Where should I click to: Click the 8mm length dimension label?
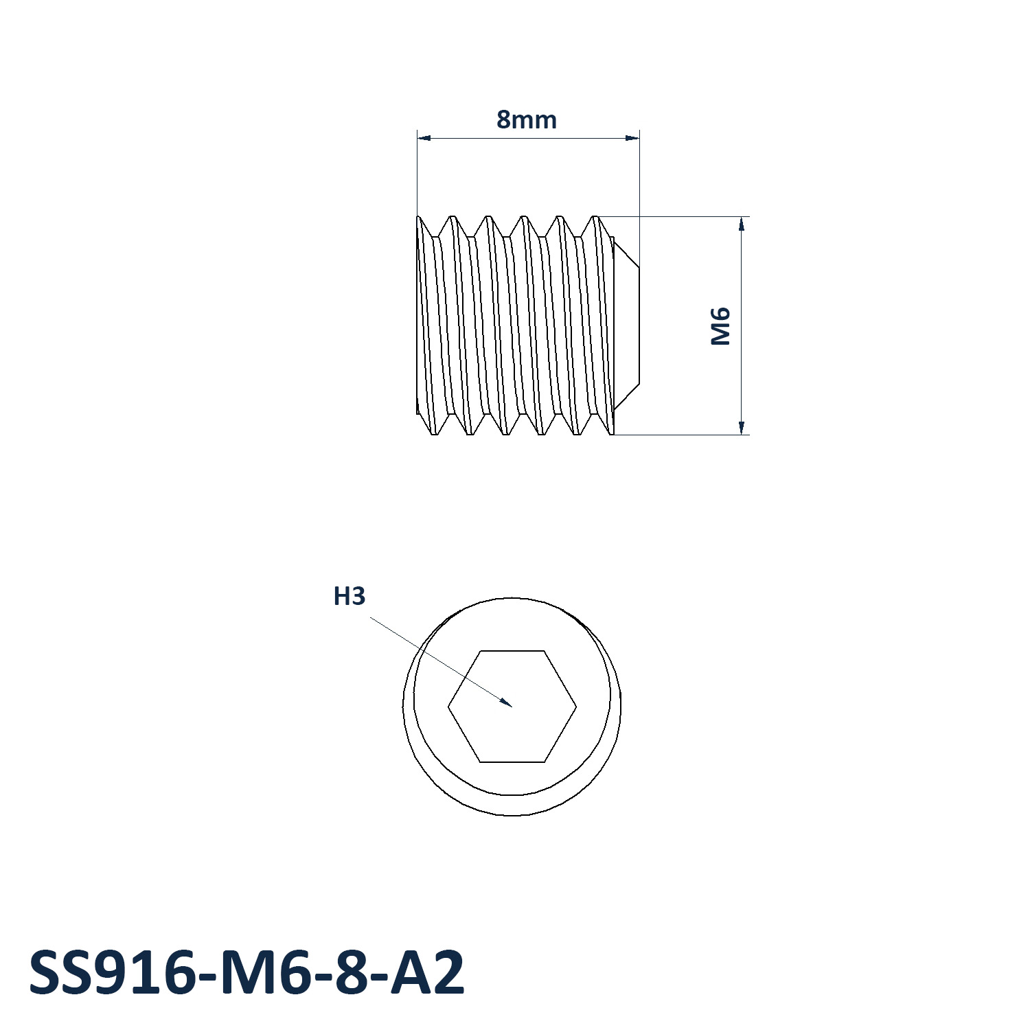[x=527, y=119]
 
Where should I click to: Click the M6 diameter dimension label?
[x=720, y=326]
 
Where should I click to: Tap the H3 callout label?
[x=350, y=596]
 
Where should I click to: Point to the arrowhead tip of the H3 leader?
[x=512, y=706]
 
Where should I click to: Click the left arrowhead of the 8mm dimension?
[x=418, y=138]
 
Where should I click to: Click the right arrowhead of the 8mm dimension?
[x=639, y=138]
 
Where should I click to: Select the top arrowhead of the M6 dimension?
[x=742, y=218]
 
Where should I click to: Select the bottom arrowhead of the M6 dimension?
[x=742, y=434]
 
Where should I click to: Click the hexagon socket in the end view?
[x=512, y=706]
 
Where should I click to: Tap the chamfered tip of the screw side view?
[x=626, y=325]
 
